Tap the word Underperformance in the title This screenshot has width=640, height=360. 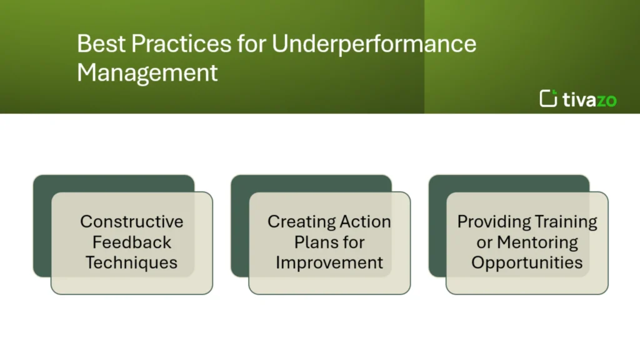tap(374, 44)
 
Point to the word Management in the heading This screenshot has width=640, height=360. tap(147, 72)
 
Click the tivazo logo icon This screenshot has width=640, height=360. tap(549, 98)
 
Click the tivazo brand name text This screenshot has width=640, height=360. tap(589, 99)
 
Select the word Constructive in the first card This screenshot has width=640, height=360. tap(132, 221)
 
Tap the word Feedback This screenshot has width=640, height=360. tap(132, 242)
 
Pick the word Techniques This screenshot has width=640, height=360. tap(132, 262)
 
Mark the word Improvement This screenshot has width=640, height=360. tap(329, 262)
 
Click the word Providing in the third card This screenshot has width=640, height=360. tap(492, 221)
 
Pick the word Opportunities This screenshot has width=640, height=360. tap(527, 262)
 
